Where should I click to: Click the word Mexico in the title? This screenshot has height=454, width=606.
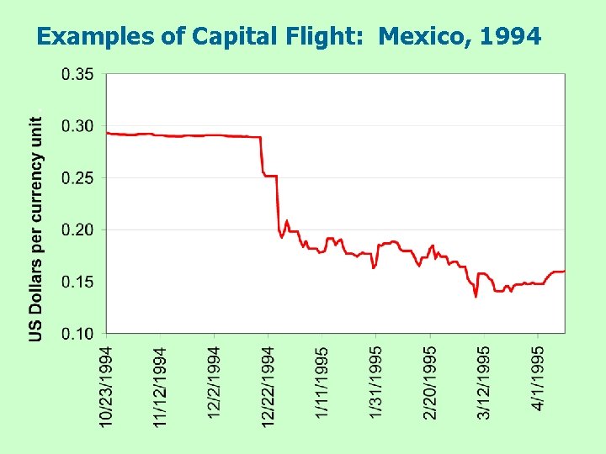(412, 36)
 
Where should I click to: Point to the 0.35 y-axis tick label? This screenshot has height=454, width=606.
(78, 74)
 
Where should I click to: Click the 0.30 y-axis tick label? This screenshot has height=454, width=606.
(78, 126)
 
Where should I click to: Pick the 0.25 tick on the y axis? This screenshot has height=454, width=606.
(78, 178)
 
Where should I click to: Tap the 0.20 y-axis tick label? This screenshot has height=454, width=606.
(78, 230)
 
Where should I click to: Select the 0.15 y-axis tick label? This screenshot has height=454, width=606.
(78, 282)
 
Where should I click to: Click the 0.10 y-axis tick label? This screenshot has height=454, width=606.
(78, 334)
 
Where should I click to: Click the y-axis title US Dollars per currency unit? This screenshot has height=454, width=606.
(36, 229)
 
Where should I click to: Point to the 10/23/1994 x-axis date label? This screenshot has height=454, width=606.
(107, 386)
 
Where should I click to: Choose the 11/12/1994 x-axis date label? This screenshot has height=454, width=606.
(161, 386)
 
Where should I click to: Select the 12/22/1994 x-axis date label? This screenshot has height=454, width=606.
(268, 386)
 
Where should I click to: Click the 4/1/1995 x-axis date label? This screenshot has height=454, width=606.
(539, 378)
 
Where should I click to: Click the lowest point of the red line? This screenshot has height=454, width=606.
(476, 296)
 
